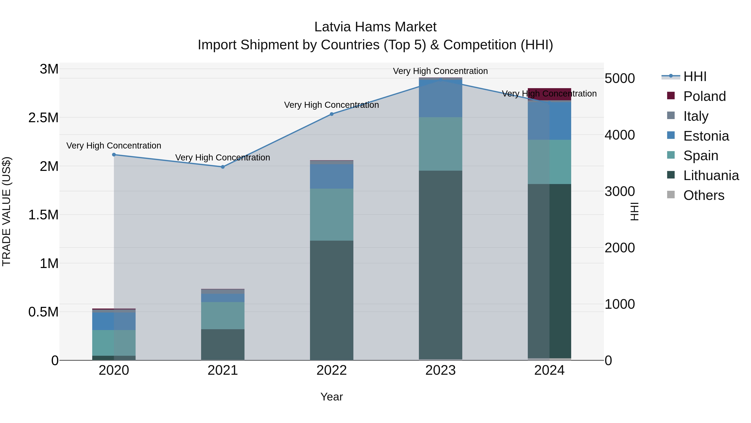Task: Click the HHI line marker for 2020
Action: [x=114, y=155]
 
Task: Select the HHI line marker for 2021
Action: [x=223, y=167]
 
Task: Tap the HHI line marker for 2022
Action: [x=331, y=114]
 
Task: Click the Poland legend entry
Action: [x=704, y=96]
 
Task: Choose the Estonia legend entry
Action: [x=706, y=136]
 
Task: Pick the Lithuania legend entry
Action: [x=711, y=176]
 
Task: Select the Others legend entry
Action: [x=703, y=195]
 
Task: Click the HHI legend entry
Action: [x=694, y=76]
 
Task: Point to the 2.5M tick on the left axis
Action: [x=43, y=118]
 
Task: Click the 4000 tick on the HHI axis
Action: [x=620, y=135]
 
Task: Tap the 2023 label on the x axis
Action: [x=440, y=370]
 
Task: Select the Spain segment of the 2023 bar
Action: [x=440, y=144]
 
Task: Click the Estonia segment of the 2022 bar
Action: [x=331, y=176]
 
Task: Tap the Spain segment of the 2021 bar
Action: [x=223, y=316]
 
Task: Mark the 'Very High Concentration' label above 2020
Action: [x=114, y=146]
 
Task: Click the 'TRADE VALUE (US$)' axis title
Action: [x=6, y=211]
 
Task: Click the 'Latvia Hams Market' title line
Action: [x=375, y=27]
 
